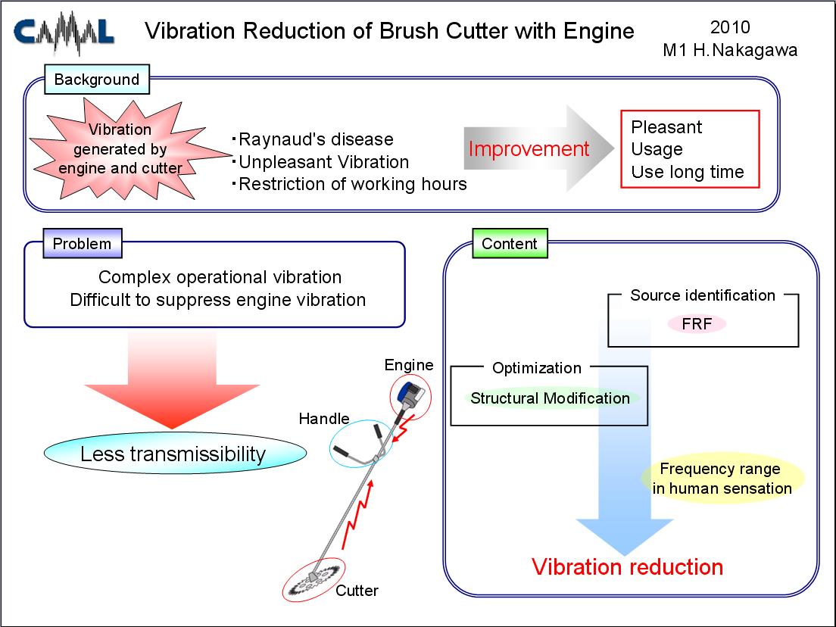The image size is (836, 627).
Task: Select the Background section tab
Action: pos(96,80)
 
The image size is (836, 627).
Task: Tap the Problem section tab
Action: pos(82,244)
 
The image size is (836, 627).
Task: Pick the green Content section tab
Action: pos(510,244)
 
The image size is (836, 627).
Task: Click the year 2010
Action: pos(730,27)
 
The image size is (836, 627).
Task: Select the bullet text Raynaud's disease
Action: pos(316,139)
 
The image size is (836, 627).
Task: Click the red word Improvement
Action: pos(529,148)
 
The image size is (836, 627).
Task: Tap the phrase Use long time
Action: pos(688,172)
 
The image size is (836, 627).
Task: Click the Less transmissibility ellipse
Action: pos(175,453)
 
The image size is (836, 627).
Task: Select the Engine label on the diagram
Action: pos(409,365)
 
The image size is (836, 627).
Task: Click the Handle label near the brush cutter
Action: pos(324,419)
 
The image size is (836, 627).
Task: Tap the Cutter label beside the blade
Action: pos(357,591)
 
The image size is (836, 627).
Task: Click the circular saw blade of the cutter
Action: pos(313,580)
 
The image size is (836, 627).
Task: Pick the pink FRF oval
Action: pos(697,323)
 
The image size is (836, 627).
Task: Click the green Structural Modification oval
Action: pos(550,398)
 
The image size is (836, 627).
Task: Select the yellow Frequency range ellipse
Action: pos(722,479)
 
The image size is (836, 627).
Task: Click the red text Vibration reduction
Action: pos(628,566)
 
